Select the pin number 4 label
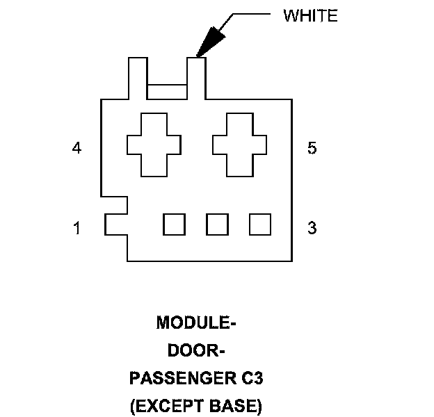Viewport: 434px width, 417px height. coord(77,148)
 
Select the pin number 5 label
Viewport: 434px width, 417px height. coord(312,148)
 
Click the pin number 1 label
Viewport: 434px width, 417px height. coord(77,227)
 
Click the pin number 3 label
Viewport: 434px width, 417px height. coord(312,227)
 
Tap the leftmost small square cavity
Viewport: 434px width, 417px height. coord(174,224)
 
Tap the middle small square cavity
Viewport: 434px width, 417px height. coord(217,224)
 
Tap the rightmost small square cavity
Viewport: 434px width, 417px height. coord(260,224)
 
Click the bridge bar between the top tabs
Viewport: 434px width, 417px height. coord(167,91)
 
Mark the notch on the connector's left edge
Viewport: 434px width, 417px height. coord(116,224)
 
